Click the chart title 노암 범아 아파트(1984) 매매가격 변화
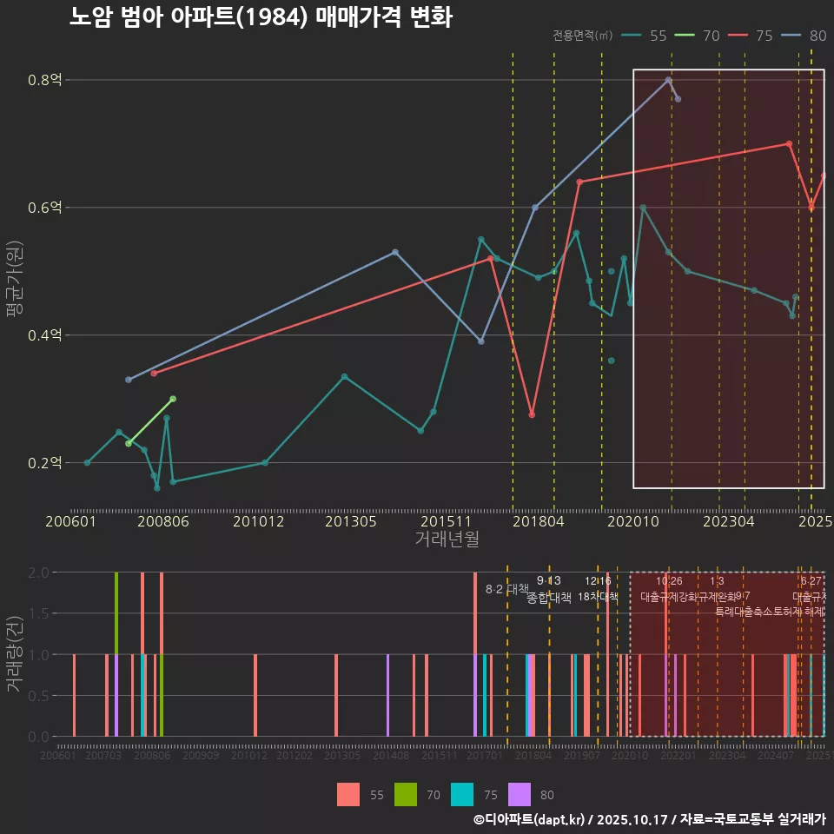click(261, 17)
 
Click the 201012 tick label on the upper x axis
click(259, 521)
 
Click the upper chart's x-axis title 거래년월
click(447, 539)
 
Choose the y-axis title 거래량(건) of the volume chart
click(14, 654)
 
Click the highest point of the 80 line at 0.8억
click(668, 80)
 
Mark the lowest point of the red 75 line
click(532, 414)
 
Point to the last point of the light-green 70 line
click(173, 399)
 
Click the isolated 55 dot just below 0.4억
click(612, 361)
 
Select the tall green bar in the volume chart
click(116, 612)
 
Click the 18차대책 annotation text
click(598, 597)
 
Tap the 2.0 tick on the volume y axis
click(39, 573)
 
